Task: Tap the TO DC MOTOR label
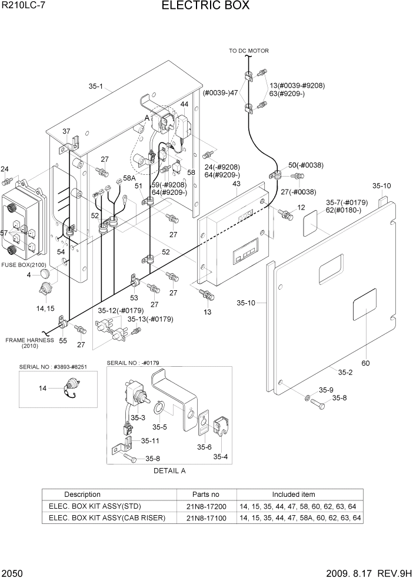click(248, 51)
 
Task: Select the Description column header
click(82, 495)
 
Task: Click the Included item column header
click(293, 495)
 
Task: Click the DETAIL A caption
click(169, 471)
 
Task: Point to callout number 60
click(365, 363)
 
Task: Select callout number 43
click(237, 184)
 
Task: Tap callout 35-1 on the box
click(96, 87)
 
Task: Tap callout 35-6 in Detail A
click(204, 447)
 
